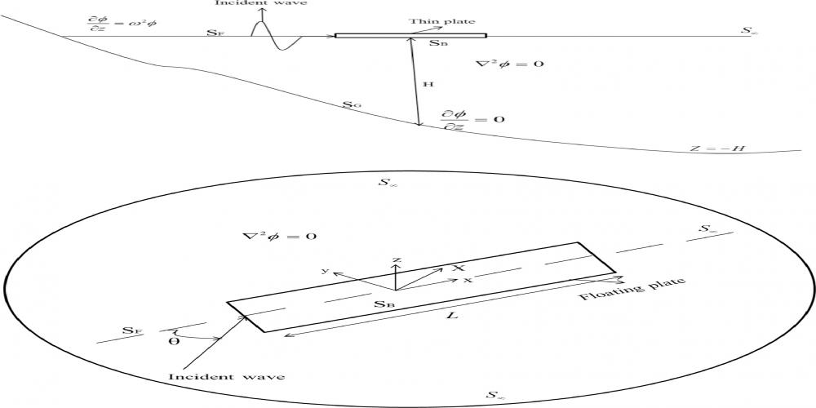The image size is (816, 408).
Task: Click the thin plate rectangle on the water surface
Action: pos(410,36)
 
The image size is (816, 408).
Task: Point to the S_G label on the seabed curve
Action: pos(352,106)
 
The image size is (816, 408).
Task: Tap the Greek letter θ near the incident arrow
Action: pos(174,341)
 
